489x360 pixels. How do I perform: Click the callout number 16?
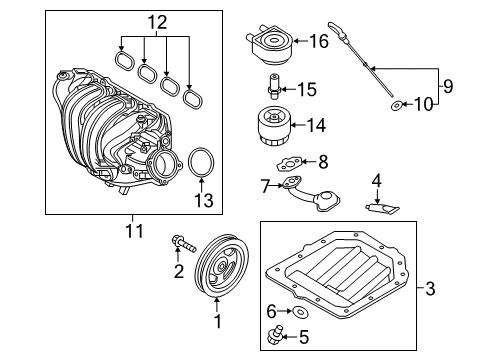click(x=318, y=41)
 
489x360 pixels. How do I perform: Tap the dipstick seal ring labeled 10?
click(x=397, y=104)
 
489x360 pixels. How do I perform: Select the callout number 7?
click(x=265, y=185)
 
